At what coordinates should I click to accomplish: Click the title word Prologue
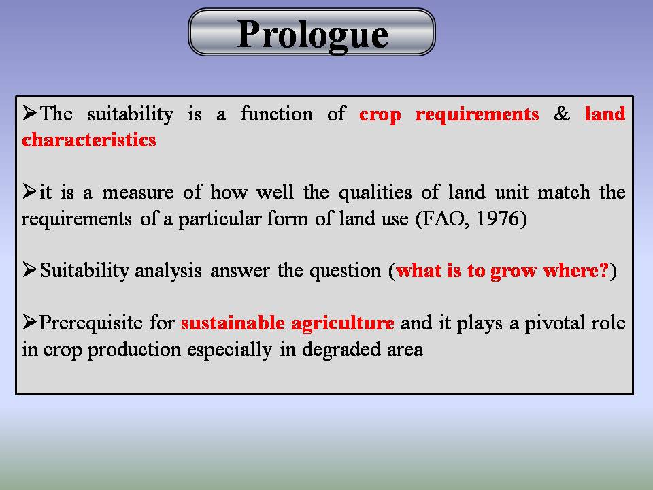click(x=312, y=35)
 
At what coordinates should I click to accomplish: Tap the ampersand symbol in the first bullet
click(x=562, y=114)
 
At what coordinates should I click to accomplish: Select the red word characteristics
click(x=89, y=140)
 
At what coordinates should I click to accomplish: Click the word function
click(x=277, y=114)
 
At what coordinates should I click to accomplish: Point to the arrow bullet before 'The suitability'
click(x=30, y=113)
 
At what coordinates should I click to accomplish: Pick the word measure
click(x=138, y=193)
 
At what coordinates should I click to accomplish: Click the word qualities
click(x=375, y=193)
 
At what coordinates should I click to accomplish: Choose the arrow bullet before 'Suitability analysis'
click(x=30, y=269)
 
